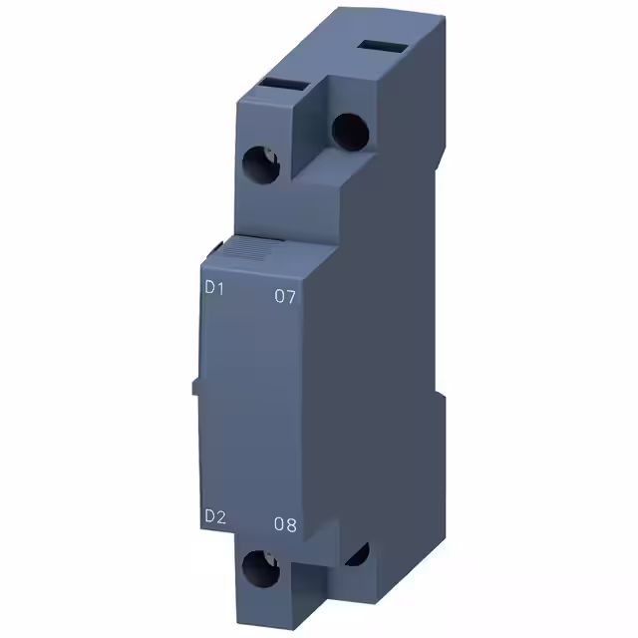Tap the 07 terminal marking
(x=285, y=296)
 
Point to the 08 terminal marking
(x=285, y=524)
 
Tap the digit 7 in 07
(x=291, y=296)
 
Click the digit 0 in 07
(x=279, y=296)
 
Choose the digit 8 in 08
(x=291, y=524)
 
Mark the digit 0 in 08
(x=279, y=524)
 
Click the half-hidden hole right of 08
(x=357, y=554)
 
